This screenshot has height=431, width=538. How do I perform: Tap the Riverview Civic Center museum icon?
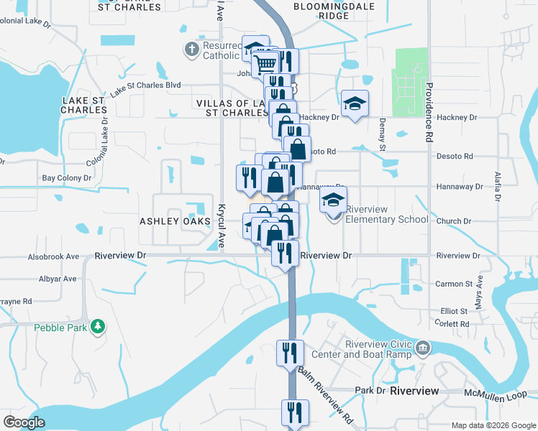[424, 348]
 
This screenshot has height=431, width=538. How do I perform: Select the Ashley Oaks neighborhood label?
[168, 221]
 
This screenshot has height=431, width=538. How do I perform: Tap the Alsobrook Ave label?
[53, 256]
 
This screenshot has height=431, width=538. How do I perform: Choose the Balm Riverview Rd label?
[327, 394]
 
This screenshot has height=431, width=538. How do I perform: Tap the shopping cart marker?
[265, 64]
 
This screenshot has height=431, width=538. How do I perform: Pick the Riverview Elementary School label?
[387, 214]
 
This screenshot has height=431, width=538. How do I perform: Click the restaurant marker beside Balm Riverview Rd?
[291, 353]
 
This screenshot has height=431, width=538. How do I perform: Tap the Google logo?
[24, 422]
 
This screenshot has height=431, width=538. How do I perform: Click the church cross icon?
[191, 50]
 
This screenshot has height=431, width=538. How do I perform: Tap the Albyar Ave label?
[58, 278]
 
